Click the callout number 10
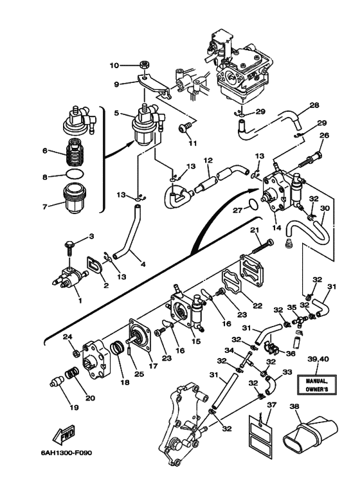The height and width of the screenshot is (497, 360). click(x=114, y=66)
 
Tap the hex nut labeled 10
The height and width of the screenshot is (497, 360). click(x=145, y=65)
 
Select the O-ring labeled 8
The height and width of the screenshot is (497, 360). click(x=76, y=174)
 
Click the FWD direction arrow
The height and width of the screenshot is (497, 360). click(x=64, y=434)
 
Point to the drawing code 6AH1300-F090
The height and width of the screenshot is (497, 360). click(x=66, y=453)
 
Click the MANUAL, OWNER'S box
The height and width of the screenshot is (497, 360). click(x=316, y=384)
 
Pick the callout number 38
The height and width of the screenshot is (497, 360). click(x=295, y=406)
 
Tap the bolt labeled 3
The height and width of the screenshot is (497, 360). click(x=69, y=249)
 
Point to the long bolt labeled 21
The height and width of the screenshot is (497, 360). click(x=263, y=246)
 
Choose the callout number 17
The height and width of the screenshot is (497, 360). click(x=153, y=366)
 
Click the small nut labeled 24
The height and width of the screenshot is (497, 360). click(x=76, y=352)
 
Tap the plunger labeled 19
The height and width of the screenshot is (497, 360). click(x=57, y=381)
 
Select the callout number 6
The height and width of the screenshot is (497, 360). click(x=45, y=150)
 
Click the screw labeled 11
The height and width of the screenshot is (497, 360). click(x=185, y=127)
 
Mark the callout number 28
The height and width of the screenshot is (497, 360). click(x=314, y=105)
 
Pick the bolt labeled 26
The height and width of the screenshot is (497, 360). click(x=310, y=159)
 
